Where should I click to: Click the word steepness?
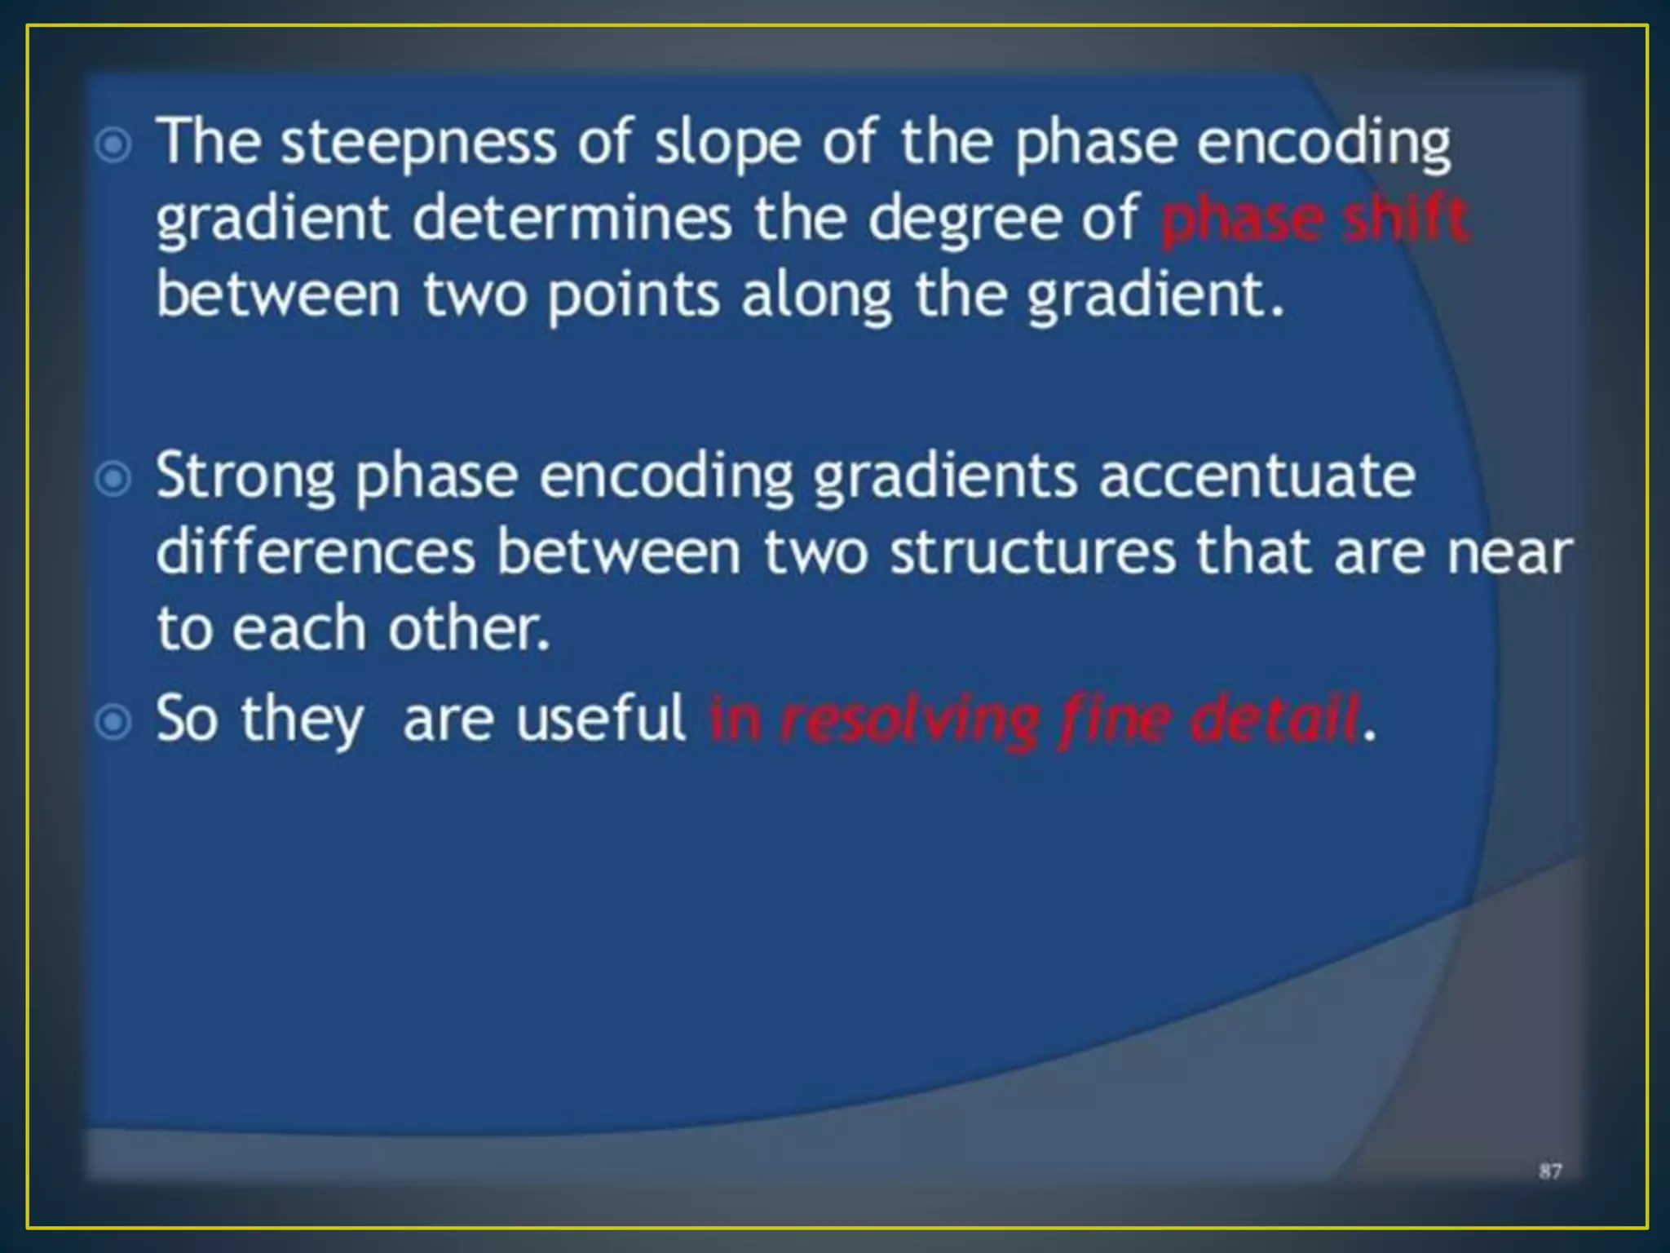pyautogui.click(x=418, y=144)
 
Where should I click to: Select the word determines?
pyautogui.click(x=572, y=219)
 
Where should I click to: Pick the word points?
pyautogui.click(x=634, y=295)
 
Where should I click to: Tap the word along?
pyautogui.click(x=816, y=295)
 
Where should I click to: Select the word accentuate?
pyautogui.click(x=1257, y=476)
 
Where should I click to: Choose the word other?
pyautogui.click(x=469, y=629)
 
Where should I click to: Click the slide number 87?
pyautogui.click(x=1550, y=1171)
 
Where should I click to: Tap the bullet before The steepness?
pyautogui.click(x=113, y=146)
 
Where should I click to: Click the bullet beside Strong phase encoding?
pyautogui.click(x=113, y=479)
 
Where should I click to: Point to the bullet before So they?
pyautogui.click(x=113, y=721)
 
